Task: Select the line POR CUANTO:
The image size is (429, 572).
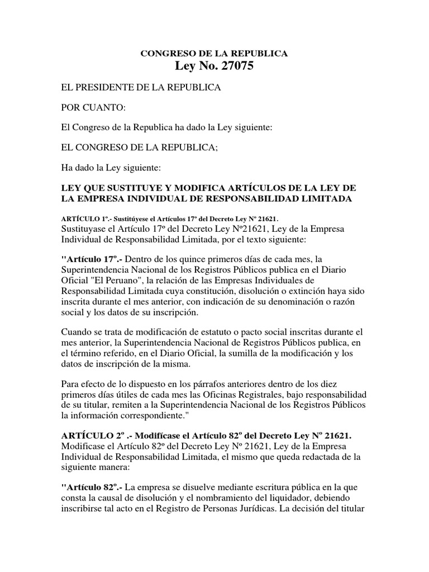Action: click(85, 107)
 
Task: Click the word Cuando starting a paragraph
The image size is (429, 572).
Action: click(75, 332)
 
